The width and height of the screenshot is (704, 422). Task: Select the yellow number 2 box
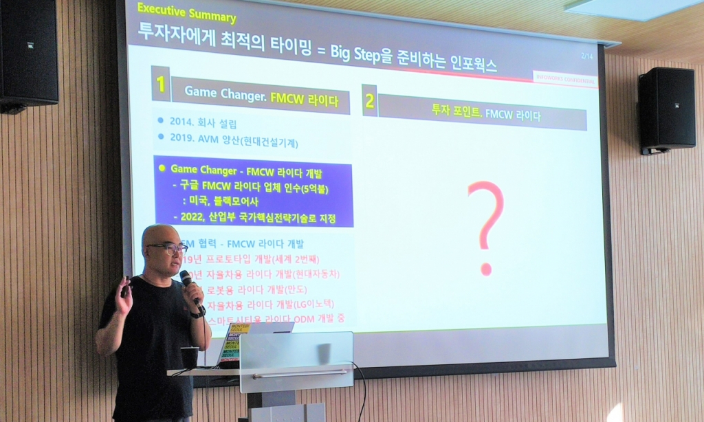tap(370, 101)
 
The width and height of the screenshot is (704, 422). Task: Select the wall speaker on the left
tap(28, 55)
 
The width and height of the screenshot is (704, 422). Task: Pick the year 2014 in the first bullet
tap(183, 124)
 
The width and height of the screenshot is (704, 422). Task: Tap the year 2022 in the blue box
tap(194, 216)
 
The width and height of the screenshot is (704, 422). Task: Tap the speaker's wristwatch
tap(199, 313)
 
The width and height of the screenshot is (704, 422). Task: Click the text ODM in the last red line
tap(303, 319)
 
